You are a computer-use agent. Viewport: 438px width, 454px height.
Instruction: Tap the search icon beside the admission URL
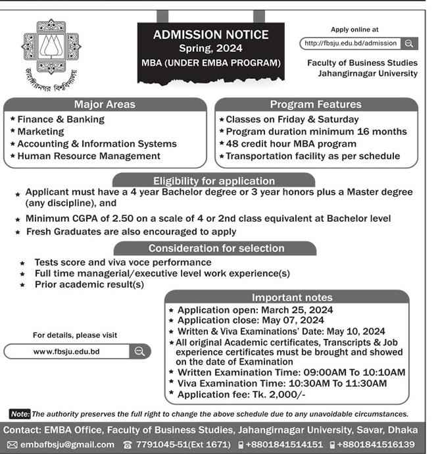(x=408, y=43)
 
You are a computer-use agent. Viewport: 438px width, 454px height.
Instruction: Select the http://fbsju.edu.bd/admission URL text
(x=349, y=43)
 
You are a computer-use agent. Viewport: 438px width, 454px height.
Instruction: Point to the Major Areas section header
(x=104, y=105)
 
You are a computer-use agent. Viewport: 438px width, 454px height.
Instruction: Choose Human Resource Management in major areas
(x=89, y=156)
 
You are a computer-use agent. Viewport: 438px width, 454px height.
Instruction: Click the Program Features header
(x=316, y=105)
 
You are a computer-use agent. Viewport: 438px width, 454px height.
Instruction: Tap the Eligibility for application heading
(x=214, y=180)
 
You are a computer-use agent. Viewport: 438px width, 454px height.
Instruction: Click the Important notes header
(x=292, y=297)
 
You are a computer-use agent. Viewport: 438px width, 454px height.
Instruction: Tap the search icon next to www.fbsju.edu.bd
(x=139, y=351)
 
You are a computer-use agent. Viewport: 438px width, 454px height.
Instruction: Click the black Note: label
(x=20, y=414)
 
